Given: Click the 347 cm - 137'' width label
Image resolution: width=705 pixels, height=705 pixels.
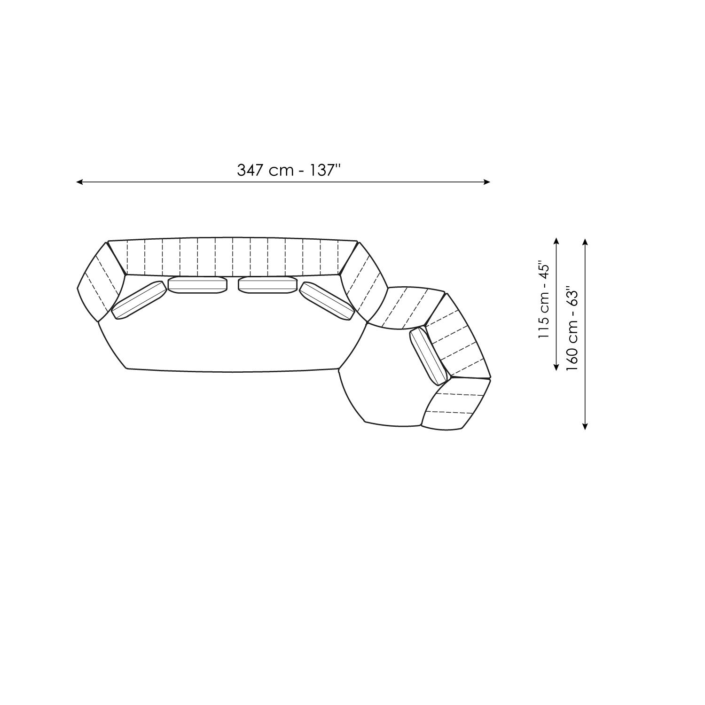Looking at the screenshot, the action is point(288,170).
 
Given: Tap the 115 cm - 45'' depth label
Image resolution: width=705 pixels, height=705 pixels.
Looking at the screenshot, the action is point(544,300).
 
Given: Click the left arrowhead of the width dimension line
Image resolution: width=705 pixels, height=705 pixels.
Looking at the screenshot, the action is point(79,182).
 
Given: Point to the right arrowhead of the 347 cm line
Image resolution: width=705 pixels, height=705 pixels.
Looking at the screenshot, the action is point(487,182).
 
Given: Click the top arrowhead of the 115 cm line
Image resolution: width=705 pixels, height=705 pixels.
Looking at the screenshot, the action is point(556,241).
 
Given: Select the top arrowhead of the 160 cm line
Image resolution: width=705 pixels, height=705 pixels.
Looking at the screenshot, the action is point(585,241).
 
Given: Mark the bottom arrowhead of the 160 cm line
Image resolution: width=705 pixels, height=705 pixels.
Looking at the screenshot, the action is point(585,426).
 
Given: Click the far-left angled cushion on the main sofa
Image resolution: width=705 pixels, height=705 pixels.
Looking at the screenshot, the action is point(139,300).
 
